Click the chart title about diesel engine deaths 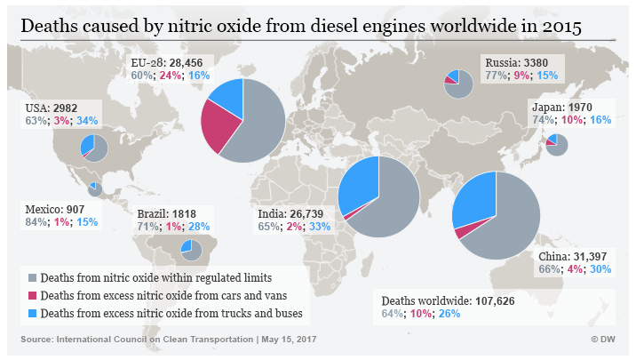pos(301,27)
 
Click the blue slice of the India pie pos(361,182)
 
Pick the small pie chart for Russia pos(458,84)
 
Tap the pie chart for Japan pos(557,144)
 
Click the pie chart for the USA pos(93,148)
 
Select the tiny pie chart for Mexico pos(95,188)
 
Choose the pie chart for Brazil pos(190,251)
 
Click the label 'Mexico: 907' pos(56,208)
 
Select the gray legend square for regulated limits pos(33,278)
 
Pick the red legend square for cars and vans pos(33,295)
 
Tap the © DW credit pos(604,340)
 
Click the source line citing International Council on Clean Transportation pos(168,340)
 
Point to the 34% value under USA pos(86,121)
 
